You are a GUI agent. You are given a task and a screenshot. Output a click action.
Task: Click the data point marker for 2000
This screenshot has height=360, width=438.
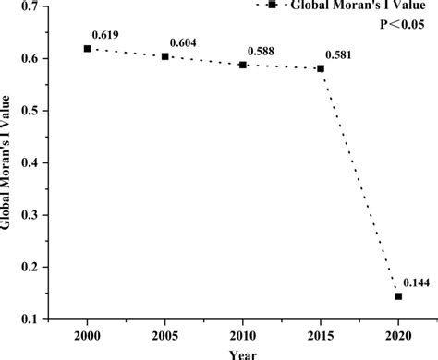[87, 48]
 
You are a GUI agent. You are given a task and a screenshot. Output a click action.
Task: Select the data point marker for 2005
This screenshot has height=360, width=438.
[165, 56]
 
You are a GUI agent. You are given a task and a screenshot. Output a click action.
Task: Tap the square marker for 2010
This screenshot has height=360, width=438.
[243, 65]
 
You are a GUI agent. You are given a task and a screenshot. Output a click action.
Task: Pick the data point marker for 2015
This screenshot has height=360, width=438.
[321, 68]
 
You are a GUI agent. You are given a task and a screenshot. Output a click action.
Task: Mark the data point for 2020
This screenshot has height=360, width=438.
[398, 296]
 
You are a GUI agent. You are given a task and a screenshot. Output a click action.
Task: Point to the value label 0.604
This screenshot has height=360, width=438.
[182, 43]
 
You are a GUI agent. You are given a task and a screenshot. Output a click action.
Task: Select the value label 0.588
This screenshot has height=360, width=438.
[260, 52]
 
